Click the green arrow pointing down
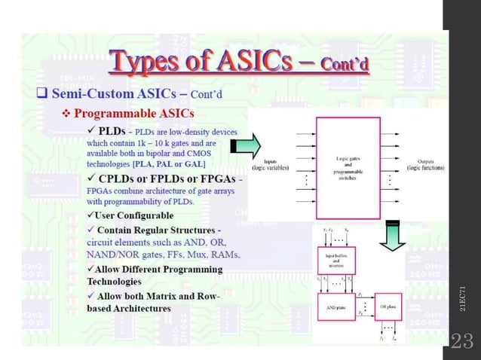point(391,235)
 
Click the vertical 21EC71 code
point(462,298)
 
